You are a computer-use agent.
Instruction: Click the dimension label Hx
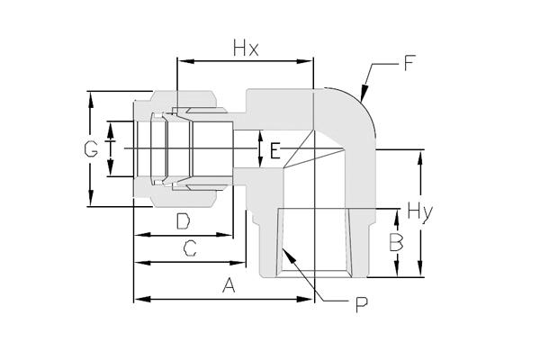[x=246, y=49]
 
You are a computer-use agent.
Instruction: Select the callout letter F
[x=409, y=63]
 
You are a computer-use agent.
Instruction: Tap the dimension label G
[x=91, y=149]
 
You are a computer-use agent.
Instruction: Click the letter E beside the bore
[x=275, y=150]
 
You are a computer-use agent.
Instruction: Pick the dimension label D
[x=183, y=221]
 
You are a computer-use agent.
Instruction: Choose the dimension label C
[x=190, y=248]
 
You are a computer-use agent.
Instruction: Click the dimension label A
[x=229, y=285]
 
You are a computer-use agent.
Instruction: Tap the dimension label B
[x=396, y=242]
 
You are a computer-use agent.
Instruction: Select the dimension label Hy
[x=420, y=211]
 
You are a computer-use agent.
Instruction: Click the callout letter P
[x=362, y=305]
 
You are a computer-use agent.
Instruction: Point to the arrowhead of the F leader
[x=364, y=93]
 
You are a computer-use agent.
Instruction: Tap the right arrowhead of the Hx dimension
[x=305, y=62]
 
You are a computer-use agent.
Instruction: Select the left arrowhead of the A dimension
[x=142, y=299]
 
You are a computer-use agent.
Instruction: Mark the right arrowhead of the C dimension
[x=237, y=263]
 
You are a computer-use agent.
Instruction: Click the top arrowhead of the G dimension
[x=91, y=100]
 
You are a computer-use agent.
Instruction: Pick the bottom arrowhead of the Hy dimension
[x=420, y=268]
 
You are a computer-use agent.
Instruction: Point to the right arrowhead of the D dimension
[x=224, y=235]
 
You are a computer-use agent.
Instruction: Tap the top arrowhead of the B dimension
[x=397, y=218]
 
